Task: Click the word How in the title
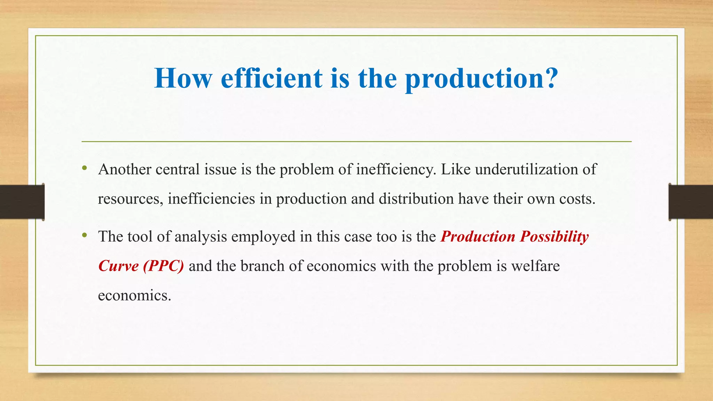tap(183, 78)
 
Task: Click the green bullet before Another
tap(84, 169)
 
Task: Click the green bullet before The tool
tap(84, 236)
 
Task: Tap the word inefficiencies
tap(211, 199)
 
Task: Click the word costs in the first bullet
tap(577, 199)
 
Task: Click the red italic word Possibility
tap(554, 237)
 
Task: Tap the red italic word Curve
tap(119, 266)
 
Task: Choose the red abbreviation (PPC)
tap(163, 266)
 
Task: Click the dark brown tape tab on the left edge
tap(22, 202)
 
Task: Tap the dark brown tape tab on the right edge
tap(691, 202)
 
